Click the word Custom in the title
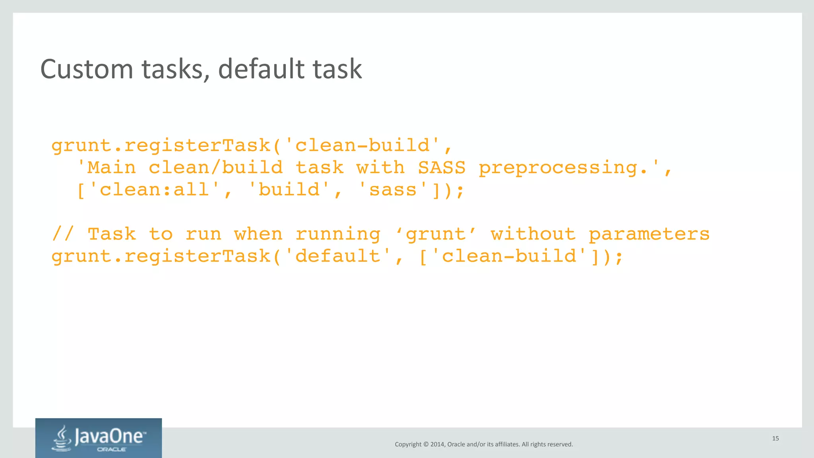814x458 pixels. (86, 69)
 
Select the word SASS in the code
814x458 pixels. (441, 168)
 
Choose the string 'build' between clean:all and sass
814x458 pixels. (289, 190)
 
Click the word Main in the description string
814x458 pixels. (112, 168)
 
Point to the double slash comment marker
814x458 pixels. (63, 234)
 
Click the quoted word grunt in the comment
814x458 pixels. (436, 234)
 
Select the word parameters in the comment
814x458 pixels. (649, 234)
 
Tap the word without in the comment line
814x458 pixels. (533, 234)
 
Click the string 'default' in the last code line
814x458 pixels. (338, 256)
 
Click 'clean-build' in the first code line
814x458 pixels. (362, 145)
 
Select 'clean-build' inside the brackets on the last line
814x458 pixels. (508, 256)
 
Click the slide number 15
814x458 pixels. (775, 439)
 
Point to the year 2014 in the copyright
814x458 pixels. (437, 444)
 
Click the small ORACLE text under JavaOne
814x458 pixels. (111, 450)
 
